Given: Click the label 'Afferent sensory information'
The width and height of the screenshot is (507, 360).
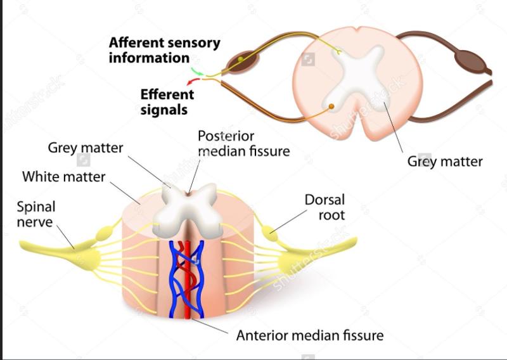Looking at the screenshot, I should click(x=164, y=50).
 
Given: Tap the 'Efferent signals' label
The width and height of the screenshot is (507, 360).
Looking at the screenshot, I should click(x=167, y=101).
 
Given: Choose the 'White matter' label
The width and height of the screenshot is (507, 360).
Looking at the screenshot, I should click(x=63, y=176).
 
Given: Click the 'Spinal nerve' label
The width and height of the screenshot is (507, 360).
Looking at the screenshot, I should click(x=36, y=214).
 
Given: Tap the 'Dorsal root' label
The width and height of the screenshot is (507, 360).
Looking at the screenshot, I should click(x=324, y=208).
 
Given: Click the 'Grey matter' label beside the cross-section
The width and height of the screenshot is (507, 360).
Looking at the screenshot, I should click(x=444, y=161).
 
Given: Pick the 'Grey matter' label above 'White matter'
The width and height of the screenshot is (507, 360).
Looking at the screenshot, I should click(x=86, y=148).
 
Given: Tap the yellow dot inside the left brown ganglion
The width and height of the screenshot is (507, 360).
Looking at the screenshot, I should click(x=241, y=61).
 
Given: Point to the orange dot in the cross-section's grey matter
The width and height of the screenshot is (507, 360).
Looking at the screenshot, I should click(x=331, y=106).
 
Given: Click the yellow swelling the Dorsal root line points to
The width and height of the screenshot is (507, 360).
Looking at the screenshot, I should click(x=271, y=233).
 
